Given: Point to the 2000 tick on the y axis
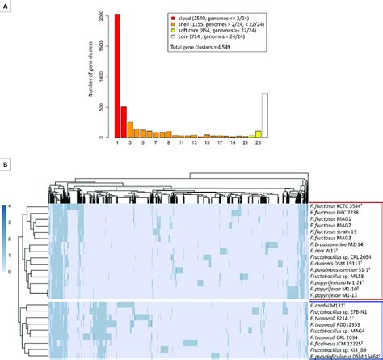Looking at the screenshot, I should (103, 15).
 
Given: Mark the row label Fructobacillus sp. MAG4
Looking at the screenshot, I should (337, 334).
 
